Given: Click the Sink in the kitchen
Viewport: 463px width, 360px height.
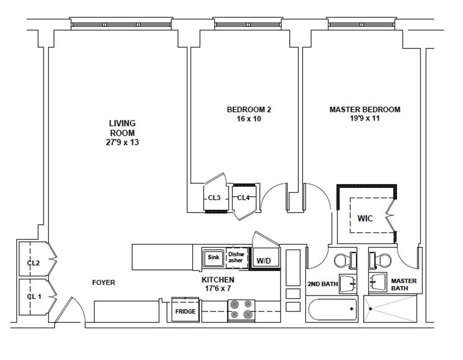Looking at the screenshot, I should (213, 257).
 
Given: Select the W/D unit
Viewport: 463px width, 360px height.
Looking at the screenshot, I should (264, 261).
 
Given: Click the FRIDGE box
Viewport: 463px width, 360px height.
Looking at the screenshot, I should (185, 311).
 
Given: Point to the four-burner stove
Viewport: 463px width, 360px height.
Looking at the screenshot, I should (241, 310).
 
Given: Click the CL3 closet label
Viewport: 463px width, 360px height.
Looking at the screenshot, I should (214, 198).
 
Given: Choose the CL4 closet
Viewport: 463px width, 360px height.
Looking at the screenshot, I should (243, 198).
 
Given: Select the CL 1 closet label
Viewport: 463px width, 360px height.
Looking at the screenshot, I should (33, 297).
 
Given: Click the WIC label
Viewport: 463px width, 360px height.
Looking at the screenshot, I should (365, 219).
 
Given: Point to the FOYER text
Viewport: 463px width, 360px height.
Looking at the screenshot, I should (104, 283).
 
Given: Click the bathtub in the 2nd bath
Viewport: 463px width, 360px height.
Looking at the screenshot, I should (332, 309).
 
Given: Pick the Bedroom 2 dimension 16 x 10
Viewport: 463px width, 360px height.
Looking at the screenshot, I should (249, 119).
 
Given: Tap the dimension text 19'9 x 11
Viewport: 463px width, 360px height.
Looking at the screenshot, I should (364, 119).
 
